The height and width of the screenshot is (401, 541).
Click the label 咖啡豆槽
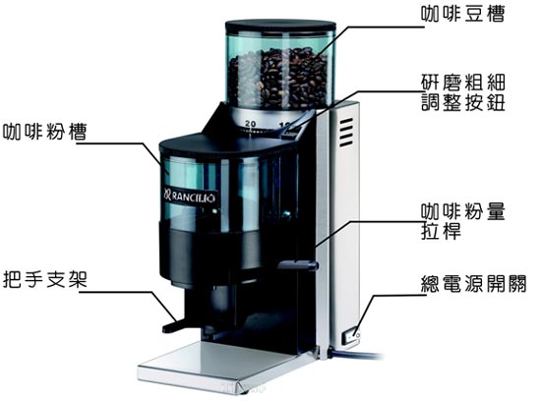tap(462, 14)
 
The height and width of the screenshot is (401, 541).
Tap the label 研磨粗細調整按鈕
tap(463, 92)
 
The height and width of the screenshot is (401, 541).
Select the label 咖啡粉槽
tap(45, 132)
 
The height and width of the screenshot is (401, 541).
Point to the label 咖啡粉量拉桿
tap(463, 221)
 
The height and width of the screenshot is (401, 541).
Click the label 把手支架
tap(45, 279)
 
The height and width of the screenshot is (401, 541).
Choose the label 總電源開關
tap(474, 284)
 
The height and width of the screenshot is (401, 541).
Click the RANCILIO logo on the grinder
tap(190, 197)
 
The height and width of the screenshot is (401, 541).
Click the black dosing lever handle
tap(298, 265)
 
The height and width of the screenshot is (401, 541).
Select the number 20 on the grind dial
tap(251, 124)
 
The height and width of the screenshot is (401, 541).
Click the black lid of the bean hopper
tap(280, 27)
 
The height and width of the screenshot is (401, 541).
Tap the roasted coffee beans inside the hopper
tap(278, 79)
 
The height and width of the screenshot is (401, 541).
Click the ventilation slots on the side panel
tap(346, 132)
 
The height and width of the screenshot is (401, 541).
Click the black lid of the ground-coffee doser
tap(228, 144)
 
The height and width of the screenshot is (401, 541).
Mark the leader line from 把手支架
tap(130, 305)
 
